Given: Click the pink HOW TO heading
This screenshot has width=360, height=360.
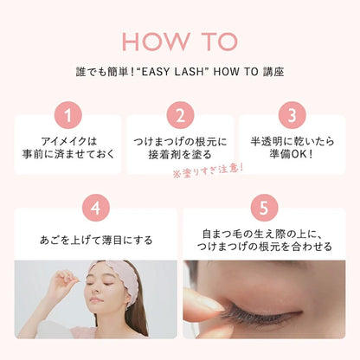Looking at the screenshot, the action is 180,42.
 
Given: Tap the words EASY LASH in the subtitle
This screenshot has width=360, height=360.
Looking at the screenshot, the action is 172,72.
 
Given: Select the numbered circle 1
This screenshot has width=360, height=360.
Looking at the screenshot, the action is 68,115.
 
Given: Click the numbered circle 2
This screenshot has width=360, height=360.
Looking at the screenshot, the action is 180,115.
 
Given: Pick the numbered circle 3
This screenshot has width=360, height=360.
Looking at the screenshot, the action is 292,115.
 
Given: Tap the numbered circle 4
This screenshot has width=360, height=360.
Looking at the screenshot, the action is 96,208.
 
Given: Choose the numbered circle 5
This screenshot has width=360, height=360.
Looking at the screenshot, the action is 264,208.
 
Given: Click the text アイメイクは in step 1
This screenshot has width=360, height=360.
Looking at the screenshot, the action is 68,141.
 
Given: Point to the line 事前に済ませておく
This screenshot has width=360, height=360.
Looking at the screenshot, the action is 68,154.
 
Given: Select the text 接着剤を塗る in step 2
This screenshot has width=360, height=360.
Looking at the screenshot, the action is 180,155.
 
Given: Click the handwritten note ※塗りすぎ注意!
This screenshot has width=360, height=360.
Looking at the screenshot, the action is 208,170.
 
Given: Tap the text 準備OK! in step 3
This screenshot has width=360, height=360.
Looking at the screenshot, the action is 292,154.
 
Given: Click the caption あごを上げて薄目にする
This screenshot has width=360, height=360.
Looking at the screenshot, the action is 96,240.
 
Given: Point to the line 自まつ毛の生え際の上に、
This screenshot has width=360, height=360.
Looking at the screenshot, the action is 264,234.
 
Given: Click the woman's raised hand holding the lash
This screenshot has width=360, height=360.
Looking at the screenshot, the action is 64,281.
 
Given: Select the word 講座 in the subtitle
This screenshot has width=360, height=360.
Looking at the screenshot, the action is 273,72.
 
